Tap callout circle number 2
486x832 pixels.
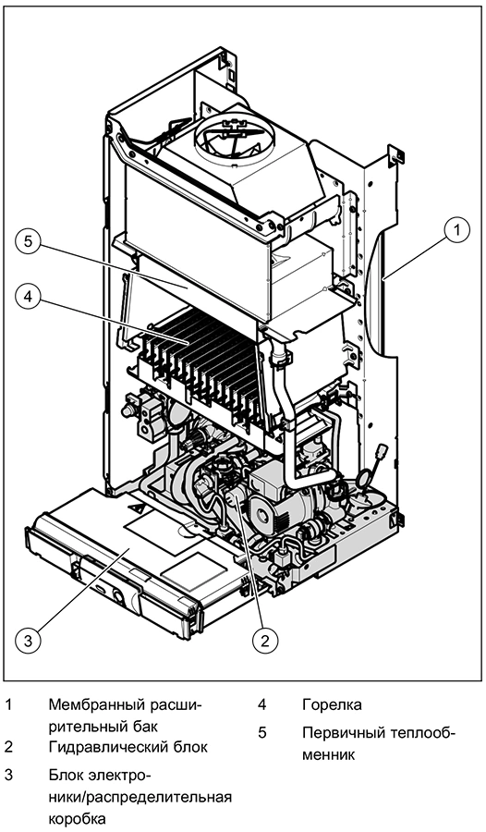pyautogui.click(x=265, y=641)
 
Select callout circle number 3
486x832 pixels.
pyautogui.click(x=28, y=641)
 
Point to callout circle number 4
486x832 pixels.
pyautogui.click(x=28, y=297)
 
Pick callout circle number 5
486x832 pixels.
pyautogui.click(x=28, y=241)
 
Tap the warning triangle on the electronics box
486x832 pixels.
pyautogui.click(x=136, y=508)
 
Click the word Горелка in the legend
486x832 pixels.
pyautogui.click(x=332, y=705)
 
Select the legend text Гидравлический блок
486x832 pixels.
pyautogui.click(x=128, y=748)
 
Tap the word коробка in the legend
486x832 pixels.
pyautogui.click(x=78, y=816)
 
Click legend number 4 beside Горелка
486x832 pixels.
pyautogui.click(x=262, y=705)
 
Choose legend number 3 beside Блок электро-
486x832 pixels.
pyautogui.click(x=8, y=776)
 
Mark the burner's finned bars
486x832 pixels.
pyautogui.click(x=207, y=366)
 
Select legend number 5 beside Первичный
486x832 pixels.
pyautogui.click(x=262, y=734)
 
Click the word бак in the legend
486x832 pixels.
pyautogui.click(x=142, y=725)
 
